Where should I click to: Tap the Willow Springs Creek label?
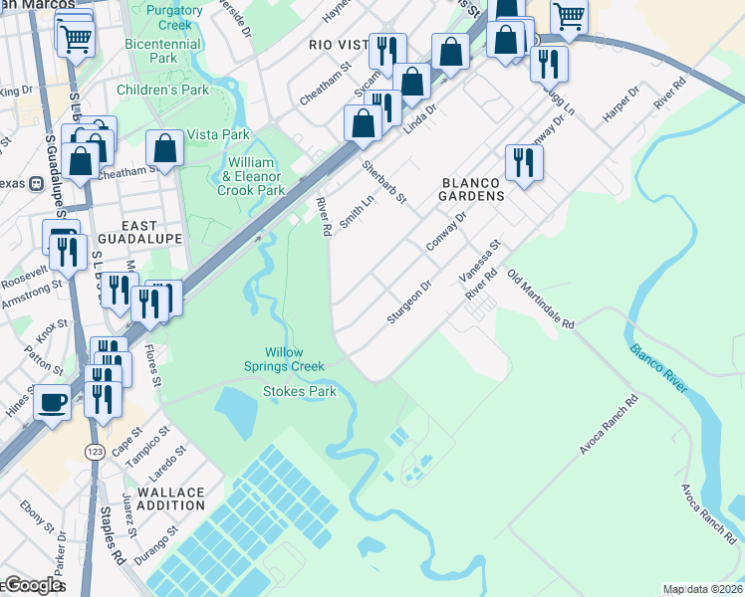(296, 359)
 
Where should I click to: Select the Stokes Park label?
(300, 391)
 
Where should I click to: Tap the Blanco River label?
(657, 367)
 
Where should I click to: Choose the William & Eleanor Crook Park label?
(251, 176)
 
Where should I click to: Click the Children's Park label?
(162, 90)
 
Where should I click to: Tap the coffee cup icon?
(52, 403)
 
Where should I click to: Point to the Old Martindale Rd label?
(541, 299)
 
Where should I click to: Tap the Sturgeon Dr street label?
(409, 301)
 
